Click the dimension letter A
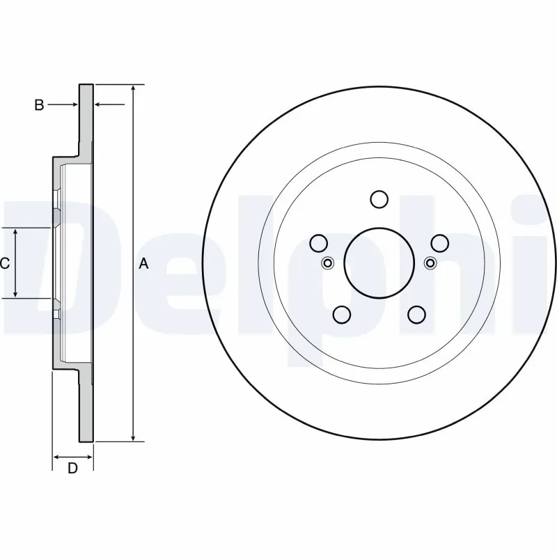click(144, 264)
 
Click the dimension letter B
click(40, 105)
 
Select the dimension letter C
click(4, 264)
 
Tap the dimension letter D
click(72, 469)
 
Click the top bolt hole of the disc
click(379, 199)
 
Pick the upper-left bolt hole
click(318, 243)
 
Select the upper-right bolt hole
click(439, 243)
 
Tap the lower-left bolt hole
click(341, 315)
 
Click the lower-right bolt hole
click(416, 315)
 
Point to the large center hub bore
click(379, 262)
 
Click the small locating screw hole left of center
click(329, 263)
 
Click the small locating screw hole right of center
click(430, 263)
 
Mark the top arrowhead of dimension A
click(133, 88)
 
